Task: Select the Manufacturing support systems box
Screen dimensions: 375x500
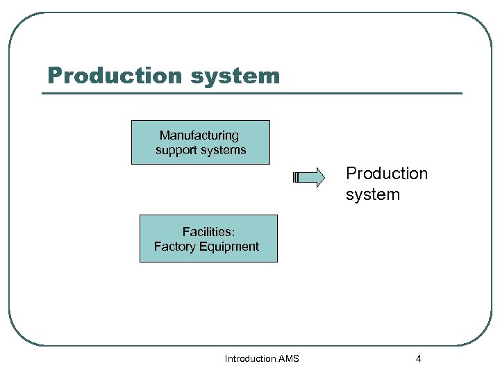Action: pos(201,142)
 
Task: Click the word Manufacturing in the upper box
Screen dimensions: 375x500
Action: pos(199,135)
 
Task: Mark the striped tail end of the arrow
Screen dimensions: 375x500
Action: pos(296,178)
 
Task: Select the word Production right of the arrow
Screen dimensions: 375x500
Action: pos(387,173)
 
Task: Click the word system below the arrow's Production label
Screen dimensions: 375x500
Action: pos(373,194)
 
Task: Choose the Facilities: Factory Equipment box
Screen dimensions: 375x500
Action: pos(208,238)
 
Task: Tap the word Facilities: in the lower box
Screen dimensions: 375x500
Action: pos(208,232)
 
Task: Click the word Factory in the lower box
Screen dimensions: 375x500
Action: pos(175,247)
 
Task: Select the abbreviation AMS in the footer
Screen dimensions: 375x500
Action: pos(288,359)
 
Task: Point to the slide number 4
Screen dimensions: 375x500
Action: pos(418,359)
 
